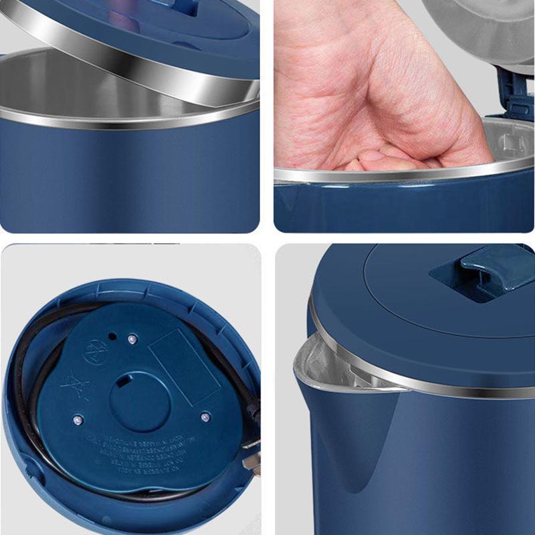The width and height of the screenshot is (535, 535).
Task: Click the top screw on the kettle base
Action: (132, 339)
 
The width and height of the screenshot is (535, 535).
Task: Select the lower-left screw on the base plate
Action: (78, 419)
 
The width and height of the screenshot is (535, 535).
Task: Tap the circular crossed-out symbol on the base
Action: (94, 352)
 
